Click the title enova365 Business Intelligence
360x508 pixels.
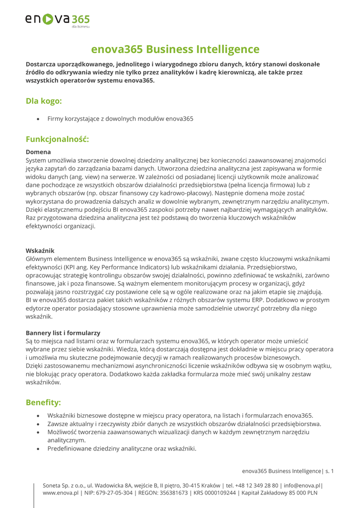[x=175, y=49]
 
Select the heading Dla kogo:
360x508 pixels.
[x=44, y=101]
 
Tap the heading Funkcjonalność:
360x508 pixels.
[x=57, y=139]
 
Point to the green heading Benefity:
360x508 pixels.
[x=43, y=401]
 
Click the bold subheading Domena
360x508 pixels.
[x=38, y=152]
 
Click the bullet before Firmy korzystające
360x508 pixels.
[x=38, y=119]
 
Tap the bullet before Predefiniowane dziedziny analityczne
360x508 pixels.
[x=38, y=449]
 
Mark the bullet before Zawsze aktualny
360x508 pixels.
[x=38, y=424]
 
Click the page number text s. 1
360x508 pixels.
[x=330, y=470]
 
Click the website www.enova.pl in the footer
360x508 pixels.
[x=61, y=493]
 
